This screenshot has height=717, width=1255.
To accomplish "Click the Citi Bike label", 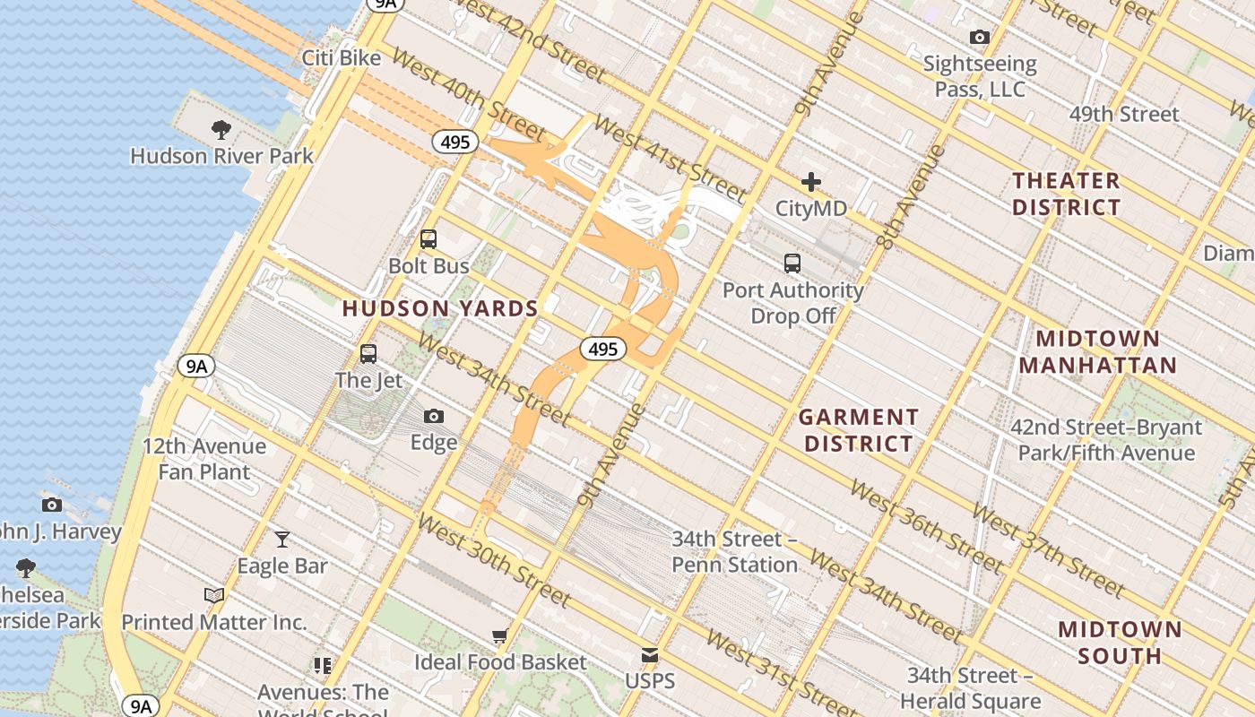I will pyautogui.click(x=341, y=58).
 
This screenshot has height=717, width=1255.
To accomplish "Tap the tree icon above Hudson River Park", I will pyautogui.click(x=221, y=130).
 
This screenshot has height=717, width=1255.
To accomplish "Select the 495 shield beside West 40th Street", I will pyautogui.click(x=455, y=142).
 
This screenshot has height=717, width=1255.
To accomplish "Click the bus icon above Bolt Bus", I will pyautogui.click(x=428, y=239).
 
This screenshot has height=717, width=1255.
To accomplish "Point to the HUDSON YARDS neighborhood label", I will pyautogui.click(x=440, y=309).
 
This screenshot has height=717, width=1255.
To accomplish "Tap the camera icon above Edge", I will pyautogui.click(x=434, y=417).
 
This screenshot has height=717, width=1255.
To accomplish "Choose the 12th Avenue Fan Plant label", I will pyautogui.click(x=204, y=459).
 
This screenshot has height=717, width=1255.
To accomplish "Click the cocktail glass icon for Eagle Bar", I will pyautogui.click(x=282, y=540).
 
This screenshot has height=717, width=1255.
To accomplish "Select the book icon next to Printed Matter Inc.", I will pyautogui.click(x=213, y=595).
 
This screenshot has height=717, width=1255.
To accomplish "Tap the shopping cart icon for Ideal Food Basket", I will pyautogui.click(x=499, y=636).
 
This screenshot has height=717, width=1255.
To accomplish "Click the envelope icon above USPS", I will pyautogui.click(x=650, y=655).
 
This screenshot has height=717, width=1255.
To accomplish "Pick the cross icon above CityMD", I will pyautogui.click(x=811, y=182).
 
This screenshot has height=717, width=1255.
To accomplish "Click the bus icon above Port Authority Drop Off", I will pyautogui.click(x=792, y=263).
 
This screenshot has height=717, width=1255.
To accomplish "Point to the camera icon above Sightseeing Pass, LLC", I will pyautogui.click(x=980, y=37).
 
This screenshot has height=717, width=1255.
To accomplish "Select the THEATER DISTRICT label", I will pyautogui.click(x=1067, y=194).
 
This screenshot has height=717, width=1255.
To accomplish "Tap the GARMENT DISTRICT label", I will pyautogui.click(x=859, y=430).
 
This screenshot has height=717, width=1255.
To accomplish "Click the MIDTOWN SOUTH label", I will pyautogui.click(x=1120, y=642).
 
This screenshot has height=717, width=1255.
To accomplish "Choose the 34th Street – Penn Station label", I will pyautogui.click(x=735, y=552).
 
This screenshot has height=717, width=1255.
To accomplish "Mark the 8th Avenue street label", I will pyautogui.click(x=911, y=197).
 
